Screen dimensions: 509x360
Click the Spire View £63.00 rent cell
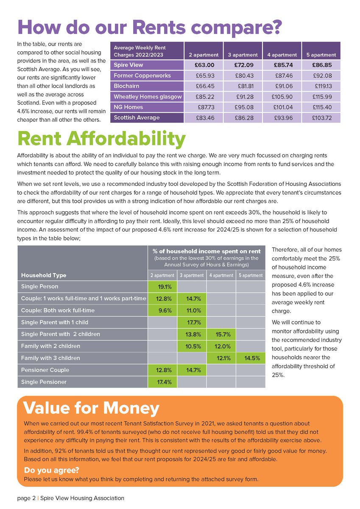pyautogui.click(x=204, y=65)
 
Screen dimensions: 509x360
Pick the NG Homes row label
pyautogui.click(x=128, y=107)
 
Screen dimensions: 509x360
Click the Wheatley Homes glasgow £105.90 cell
pyautogui.click(x=282, y=97)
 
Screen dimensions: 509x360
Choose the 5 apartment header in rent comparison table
pyautogui.click(x=321, y=55)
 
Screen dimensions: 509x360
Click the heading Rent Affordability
pyautogui.click(x=101, y=139)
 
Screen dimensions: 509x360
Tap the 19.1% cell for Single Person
pyautogui.click(x=162, y=287)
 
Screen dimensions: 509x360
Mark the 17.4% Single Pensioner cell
pyautogui.click(x=162, y=382)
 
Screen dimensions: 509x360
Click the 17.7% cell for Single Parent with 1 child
pyautogui.click(x=191, y=322)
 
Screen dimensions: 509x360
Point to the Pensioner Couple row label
pyautogui.click(x=45, y=370)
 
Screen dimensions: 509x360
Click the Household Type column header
pyautogui.click(x=44, y=275)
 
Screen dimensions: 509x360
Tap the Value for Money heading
pyautogui.click(x=92, y=408)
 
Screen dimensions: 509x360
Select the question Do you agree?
pyautogui.click(x=51, y=470)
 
